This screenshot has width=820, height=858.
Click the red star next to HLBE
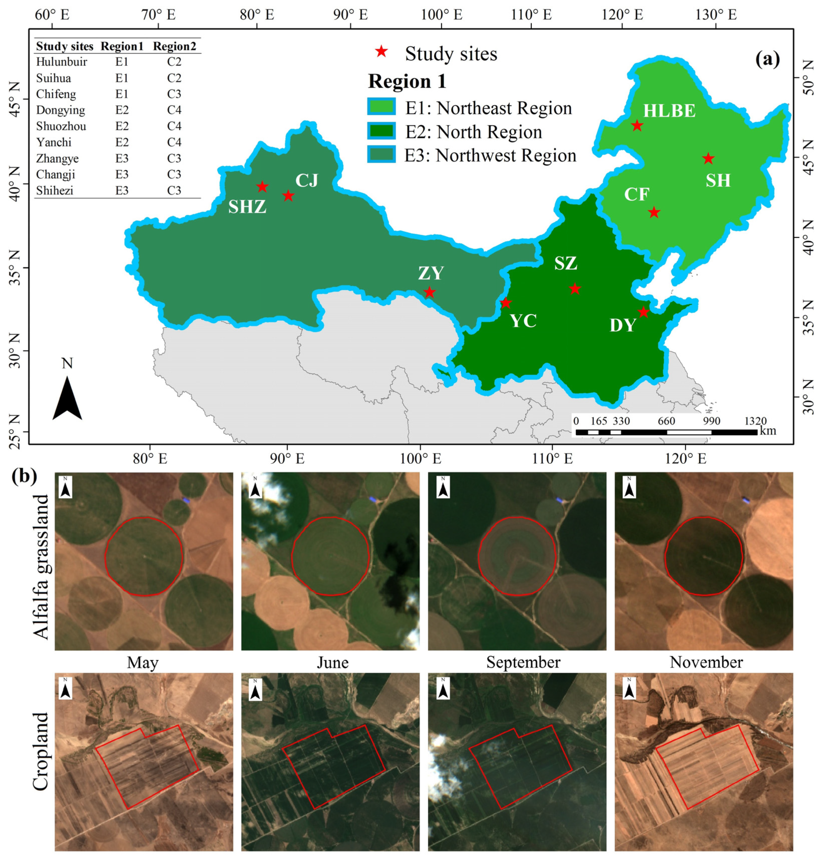[x=637, y=126]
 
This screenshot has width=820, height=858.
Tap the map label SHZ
[x=247, y=207]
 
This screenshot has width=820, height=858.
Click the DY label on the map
[x=623, y=325]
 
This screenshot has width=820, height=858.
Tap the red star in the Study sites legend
[x=381, y=51]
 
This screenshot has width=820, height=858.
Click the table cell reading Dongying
[x=60, y=110]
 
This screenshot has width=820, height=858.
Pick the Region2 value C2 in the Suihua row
[x=174, y=78]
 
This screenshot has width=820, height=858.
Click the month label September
[x=523, y=662]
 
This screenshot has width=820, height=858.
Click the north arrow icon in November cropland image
[x=629, y=688]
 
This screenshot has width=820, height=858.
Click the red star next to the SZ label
[x=575, y=289]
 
